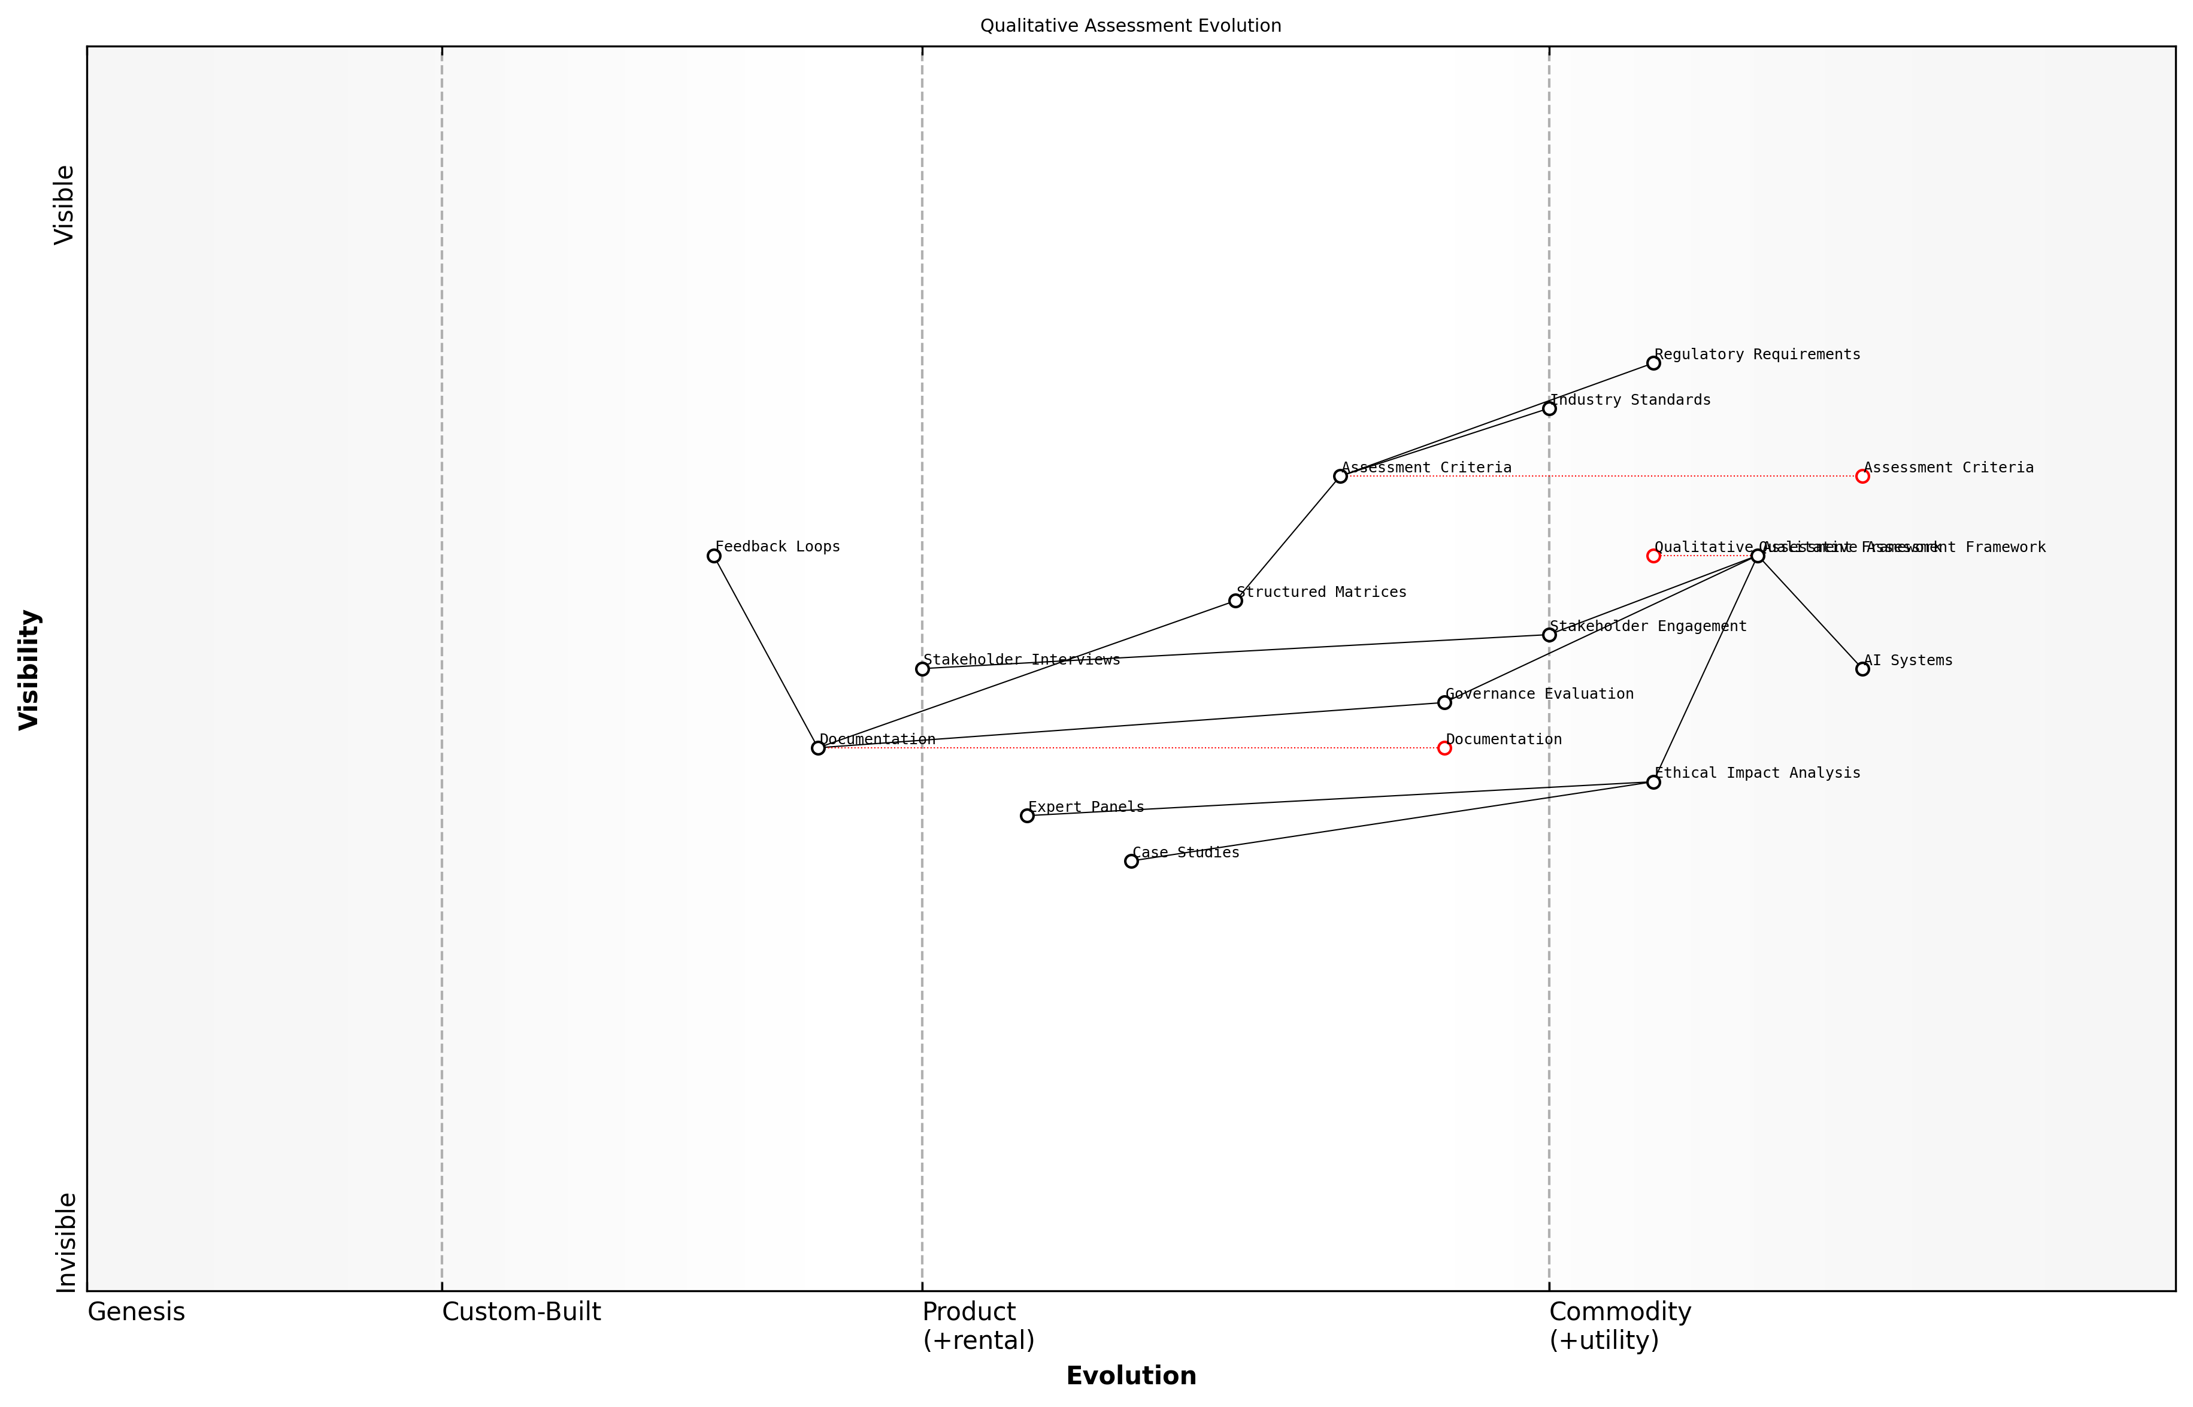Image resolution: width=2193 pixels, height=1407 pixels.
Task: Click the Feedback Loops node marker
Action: (x=714, y=556)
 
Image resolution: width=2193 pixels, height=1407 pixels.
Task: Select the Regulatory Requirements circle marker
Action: (x=1653, y=363)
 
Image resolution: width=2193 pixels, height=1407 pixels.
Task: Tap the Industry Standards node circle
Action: (x=1549, y=408)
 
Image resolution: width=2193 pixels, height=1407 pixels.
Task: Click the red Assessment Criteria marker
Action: (x=1862, y=476)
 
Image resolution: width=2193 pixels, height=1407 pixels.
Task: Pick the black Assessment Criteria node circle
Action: (x=1340, y=476)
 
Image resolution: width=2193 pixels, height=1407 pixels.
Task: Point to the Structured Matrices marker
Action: (x=1235, y=601)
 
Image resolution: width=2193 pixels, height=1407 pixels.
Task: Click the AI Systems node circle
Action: (x=1862, y=669)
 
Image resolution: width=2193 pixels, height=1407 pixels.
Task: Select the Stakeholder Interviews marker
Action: (x=922, y=669)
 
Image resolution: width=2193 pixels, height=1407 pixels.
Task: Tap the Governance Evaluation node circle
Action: (x=1444, y=702)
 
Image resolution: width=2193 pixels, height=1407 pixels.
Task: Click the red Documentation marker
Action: (x=1444, y=748)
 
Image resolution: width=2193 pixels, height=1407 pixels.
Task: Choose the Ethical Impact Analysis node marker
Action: (x=1653, y=782)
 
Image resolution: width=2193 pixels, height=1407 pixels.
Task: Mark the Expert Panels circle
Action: (x=1027, y=816)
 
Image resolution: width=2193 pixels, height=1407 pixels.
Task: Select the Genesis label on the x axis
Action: (x=136, y=1312)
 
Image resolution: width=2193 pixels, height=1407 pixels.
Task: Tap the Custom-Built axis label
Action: (x=521, y=1312)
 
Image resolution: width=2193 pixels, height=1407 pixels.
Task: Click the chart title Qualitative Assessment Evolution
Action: (x=1130, y=26)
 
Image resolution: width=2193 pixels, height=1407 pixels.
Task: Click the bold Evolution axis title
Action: (x=1130, y=1376)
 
